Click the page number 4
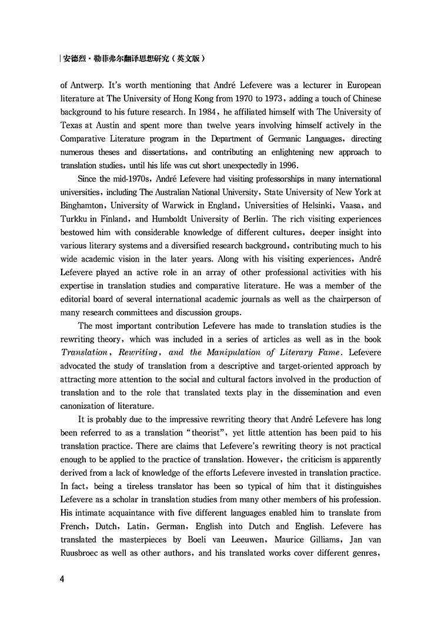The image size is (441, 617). [x=62, y=579]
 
